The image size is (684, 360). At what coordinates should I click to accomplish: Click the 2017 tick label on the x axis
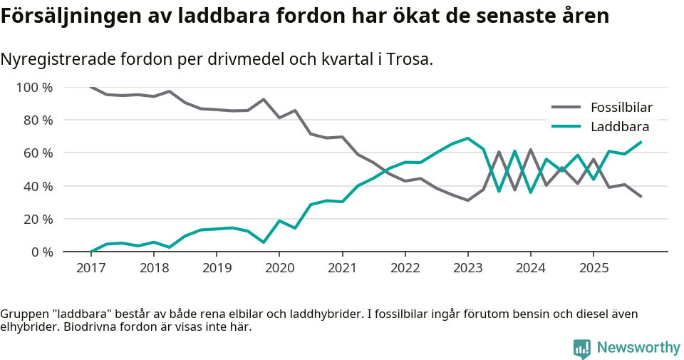click(90, 268)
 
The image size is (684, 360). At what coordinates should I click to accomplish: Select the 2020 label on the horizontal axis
click(279, 268)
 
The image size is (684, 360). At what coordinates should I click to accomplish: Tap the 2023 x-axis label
click(468, 268)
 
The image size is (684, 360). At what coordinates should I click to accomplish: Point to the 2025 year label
click(594, 268)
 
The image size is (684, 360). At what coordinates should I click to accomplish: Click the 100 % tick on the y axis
click(34, 88)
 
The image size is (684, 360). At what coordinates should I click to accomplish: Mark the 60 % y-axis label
click(38, 153)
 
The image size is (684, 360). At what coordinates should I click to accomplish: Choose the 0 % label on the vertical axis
click(41, 252)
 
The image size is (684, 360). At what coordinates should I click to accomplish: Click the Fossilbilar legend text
click(621, 108)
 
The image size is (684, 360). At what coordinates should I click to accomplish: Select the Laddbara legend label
click(619, 127)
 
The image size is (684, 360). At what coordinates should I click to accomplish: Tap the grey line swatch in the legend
click(566, 108)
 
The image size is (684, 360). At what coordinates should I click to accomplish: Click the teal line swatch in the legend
click(566, 127)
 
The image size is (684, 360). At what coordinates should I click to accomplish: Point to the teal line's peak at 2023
click(468, 138)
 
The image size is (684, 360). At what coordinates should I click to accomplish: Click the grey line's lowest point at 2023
click(468, 200)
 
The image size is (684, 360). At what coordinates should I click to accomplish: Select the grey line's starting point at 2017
click(91, 87)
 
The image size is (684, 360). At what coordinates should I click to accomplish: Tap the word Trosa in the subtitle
click(410, 60)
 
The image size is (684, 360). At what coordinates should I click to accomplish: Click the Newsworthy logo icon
click(581, 348)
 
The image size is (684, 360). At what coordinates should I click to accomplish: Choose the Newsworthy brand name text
click(638, 348)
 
